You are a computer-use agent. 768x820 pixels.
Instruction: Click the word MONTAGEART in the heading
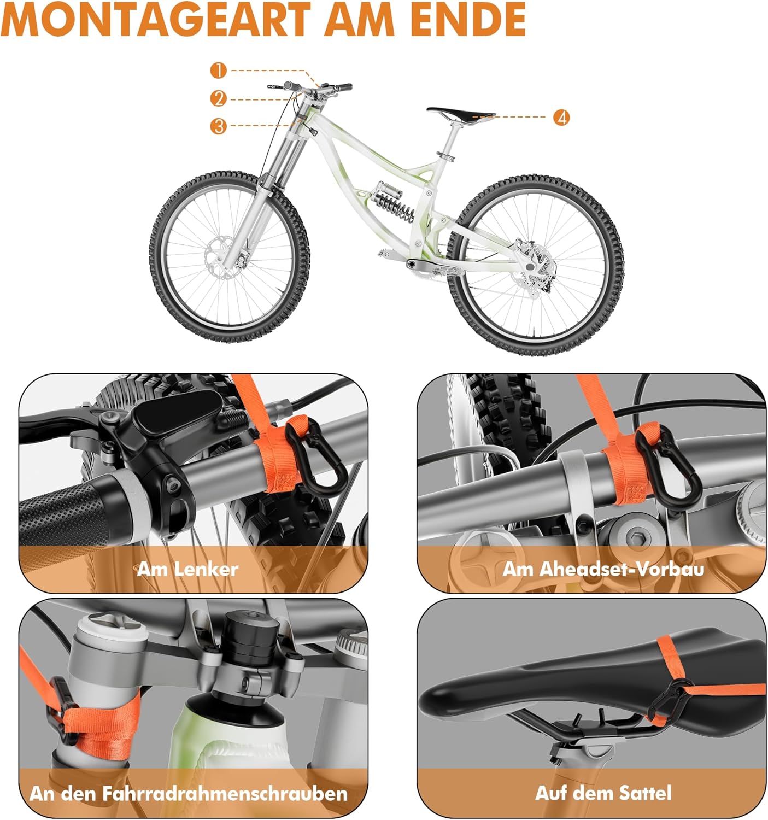156,19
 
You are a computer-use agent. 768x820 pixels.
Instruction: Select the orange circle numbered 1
219,71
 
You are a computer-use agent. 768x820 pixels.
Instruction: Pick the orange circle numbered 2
219,99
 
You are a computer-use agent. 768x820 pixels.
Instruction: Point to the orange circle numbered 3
219,126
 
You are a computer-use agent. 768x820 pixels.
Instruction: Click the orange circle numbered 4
561,118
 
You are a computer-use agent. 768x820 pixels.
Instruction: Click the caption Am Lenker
187,570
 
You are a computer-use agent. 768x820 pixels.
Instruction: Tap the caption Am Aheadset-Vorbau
603,570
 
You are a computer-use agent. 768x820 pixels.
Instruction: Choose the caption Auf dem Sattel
603,793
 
